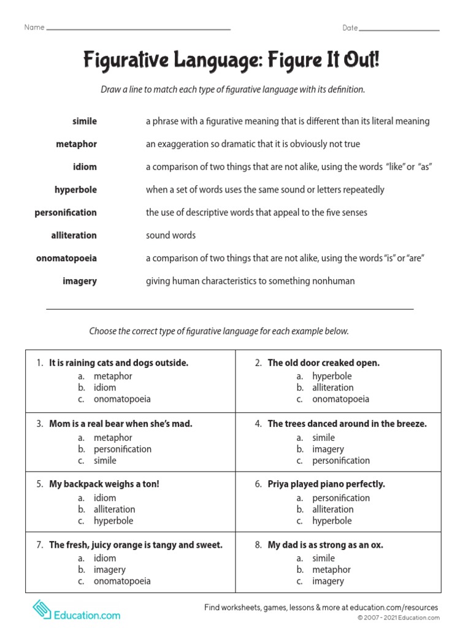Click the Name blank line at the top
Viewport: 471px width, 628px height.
point(139,29)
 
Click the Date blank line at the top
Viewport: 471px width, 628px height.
point(399,29)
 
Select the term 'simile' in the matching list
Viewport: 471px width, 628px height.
point(84,121)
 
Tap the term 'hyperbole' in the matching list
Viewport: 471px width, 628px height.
point(75,190)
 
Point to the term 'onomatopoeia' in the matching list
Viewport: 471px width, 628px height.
point(66,258)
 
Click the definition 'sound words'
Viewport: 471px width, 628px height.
point(170,235)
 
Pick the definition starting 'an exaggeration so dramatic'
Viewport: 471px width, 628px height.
point(253,144)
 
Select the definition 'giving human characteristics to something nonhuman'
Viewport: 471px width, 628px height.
point(250,281)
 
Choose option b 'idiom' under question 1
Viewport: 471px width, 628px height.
point(104,388)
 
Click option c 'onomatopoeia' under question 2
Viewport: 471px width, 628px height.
point(340,399)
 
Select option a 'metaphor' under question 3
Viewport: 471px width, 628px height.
point(112,438)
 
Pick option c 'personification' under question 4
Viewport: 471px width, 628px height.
point(341,461)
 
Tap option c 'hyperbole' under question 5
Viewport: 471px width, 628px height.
point(113,521)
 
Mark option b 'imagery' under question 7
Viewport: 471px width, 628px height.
point(109,570)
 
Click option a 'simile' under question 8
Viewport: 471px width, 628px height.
point(323,558)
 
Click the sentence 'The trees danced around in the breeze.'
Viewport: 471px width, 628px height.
point(347,424)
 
